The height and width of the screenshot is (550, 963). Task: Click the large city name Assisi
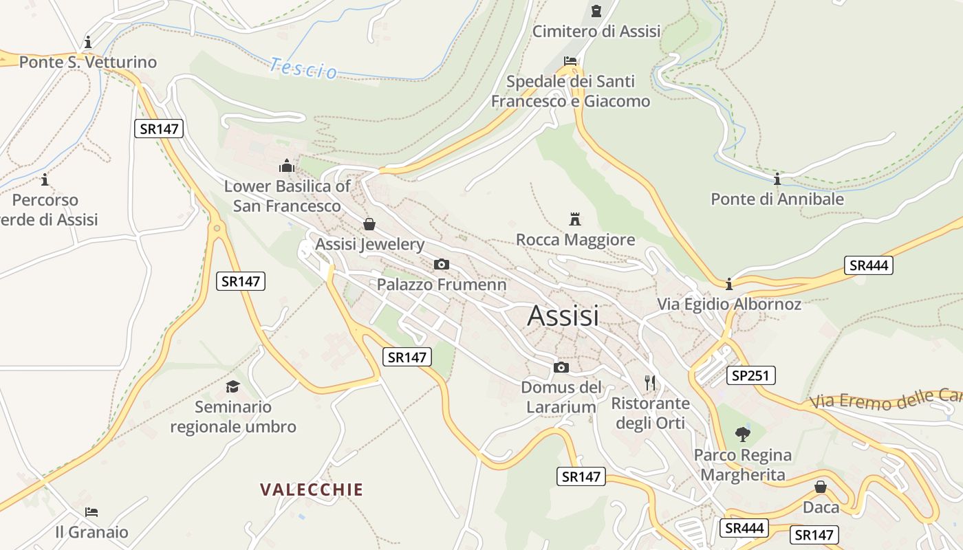click(x=563, y=316)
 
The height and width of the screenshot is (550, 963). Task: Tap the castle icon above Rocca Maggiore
click(x=575, y=219)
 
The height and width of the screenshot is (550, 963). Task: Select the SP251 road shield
click(x=751, y=375)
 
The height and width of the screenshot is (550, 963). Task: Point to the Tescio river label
click(x=303, y=68)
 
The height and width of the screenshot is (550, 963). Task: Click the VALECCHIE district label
click(x=312, y=489)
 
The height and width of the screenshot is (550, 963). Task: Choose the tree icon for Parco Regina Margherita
click(x=742, y=434)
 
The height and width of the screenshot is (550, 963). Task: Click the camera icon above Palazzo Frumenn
click(x=442, y=265)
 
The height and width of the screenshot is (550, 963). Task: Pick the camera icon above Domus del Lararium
click(x=561, y=367)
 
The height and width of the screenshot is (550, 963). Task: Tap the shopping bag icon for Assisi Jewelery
click(x=369, y=224)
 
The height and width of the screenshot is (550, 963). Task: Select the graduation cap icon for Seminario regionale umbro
click(x=232, y=386)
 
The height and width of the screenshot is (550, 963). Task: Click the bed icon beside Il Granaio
click(x=91, y=511)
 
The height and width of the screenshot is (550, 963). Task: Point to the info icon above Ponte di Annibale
click(x=777, y=179)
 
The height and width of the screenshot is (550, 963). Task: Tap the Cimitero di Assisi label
click(x=596, y=31)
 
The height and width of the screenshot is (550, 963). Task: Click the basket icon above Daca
click(x=821, y=487)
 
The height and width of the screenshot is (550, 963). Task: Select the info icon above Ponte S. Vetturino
click(x=87, y=42)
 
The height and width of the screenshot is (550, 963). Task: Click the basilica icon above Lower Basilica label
click(x=287, y=166)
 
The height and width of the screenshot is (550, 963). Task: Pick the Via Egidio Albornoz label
click(x=729, y=304)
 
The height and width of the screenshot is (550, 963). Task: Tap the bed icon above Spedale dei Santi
click(x=570, y=60)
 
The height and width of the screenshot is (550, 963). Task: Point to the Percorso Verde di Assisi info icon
click(x=45, y=180)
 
